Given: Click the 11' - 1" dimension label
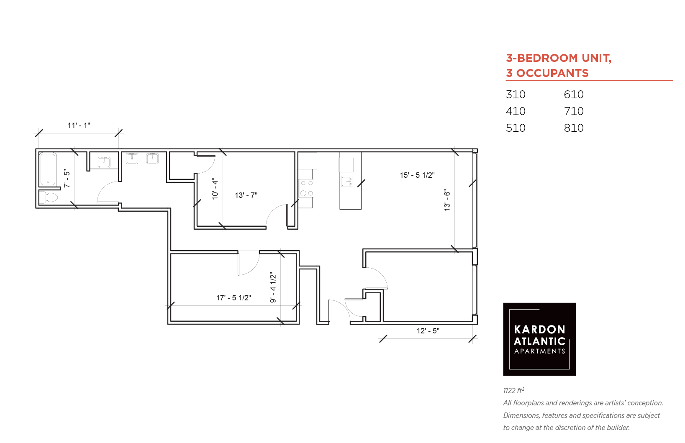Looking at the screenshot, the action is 79,125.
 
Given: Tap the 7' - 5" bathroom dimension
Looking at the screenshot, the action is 67,179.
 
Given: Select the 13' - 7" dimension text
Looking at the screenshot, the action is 246,195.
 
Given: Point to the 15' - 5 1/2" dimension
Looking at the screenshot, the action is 417,175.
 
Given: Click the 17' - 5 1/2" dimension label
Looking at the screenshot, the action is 233,298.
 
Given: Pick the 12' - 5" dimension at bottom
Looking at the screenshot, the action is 428,331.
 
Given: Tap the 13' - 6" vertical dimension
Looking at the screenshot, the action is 447,200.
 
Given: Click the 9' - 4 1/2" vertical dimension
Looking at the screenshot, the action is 273,287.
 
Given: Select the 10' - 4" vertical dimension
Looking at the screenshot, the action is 215,189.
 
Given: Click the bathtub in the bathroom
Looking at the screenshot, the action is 48,169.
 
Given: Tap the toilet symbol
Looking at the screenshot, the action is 49,197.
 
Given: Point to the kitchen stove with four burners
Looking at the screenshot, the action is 306,188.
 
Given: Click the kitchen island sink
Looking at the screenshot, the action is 347,181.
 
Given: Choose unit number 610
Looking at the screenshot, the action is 574,95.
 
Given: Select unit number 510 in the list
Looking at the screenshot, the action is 516,128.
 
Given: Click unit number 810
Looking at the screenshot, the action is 574,128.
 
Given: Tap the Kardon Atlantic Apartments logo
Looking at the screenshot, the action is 539,339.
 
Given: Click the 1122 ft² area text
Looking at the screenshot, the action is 514,391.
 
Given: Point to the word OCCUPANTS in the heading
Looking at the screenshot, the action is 553,73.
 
